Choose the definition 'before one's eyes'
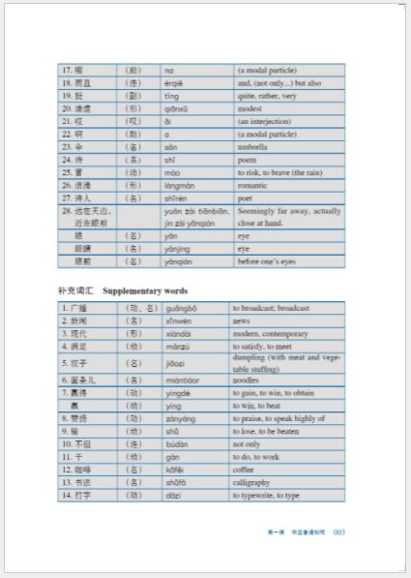click(267, 260)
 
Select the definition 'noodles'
click(248, 380)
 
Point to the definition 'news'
click(242, 320)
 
